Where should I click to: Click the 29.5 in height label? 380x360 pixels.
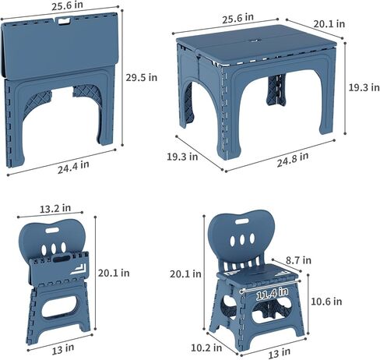pyautogui.click(x=142, y=76)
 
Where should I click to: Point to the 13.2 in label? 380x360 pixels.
pyautogui.click(x=55, y=208)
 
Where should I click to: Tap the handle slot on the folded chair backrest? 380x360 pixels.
pyautogui.click(x=58, y=230)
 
